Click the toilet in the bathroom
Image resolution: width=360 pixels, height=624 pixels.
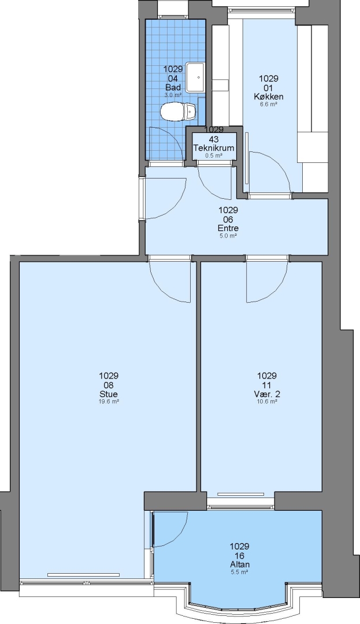179,112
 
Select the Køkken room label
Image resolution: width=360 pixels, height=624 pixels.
269,96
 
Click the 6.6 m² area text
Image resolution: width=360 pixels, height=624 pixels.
269,104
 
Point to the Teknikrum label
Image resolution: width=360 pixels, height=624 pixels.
214,148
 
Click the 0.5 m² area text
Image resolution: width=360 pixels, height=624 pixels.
214,155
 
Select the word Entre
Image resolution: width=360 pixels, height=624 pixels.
228,228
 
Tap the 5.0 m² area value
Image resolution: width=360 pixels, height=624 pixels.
228,236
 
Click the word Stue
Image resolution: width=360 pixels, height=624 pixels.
109,394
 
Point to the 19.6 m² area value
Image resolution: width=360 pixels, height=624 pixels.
109,402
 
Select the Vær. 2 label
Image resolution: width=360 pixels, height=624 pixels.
267,394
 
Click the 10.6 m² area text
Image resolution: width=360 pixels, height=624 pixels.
267,402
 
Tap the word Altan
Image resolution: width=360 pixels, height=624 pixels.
239,564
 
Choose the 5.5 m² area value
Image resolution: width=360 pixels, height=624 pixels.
239,572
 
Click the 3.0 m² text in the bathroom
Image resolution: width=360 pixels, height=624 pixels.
173,95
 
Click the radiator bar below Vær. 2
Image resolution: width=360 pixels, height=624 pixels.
240,494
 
